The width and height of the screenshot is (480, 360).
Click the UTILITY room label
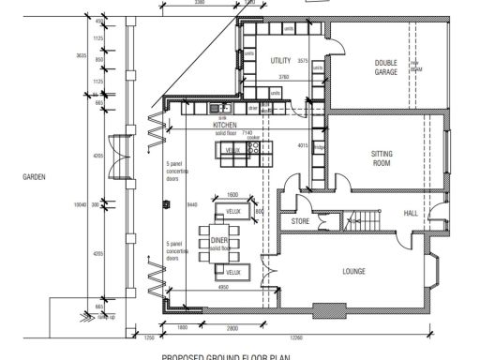(280, 60)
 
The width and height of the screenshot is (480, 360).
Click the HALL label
(411, 214)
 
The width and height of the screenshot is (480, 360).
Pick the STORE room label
(300, 221)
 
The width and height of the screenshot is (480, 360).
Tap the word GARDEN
(35, 175)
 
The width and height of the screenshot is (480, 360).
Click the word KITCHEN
(224, 125)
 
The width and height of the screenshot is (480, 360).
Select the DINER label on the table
(219, 240)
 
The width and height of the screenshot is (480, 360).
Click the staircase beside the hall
(361, 221)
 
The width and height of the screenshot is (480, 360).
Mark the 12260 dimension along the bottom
(296, 337)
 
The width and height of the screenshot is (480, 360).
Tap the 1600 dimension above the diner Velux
(232, 194)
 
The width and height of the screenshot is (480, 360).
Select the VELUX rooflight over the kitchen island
(232, 150)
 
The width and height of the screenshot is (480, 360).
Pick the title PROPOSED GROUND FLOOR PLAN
(226, 356)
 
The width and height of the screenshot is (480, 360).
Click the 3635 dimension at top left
(82, 56)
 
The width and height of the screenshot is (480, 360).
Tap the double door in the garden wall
(115, 157)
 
